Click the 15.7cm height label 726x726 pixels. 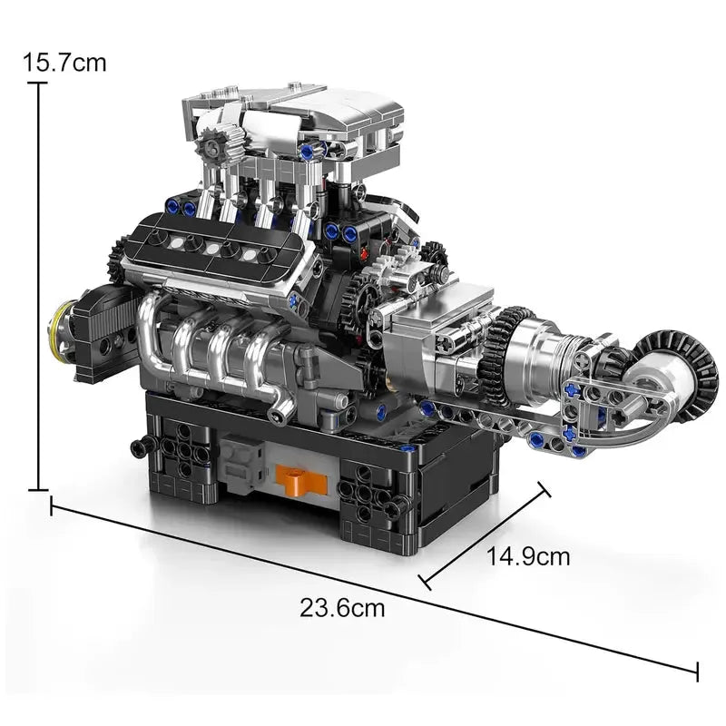tap(64, 63)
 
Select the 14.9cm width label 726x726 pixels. tap(528, 556)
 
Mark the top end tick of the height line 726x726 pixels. tap(37, 83)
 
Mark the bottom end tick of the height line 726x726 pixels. tap(37, 490)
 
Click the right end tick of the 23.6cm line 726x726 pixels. tap(697, 672)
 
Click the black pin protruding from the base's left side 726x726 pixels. tap(141, 446)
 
